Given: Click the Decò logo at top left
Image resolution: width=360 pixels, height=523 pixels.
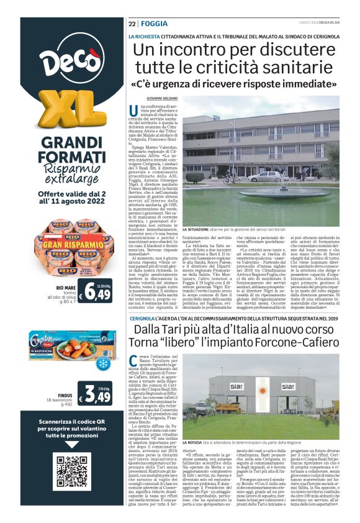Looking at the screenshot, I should pyautogui.click(x=62, y=60).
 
